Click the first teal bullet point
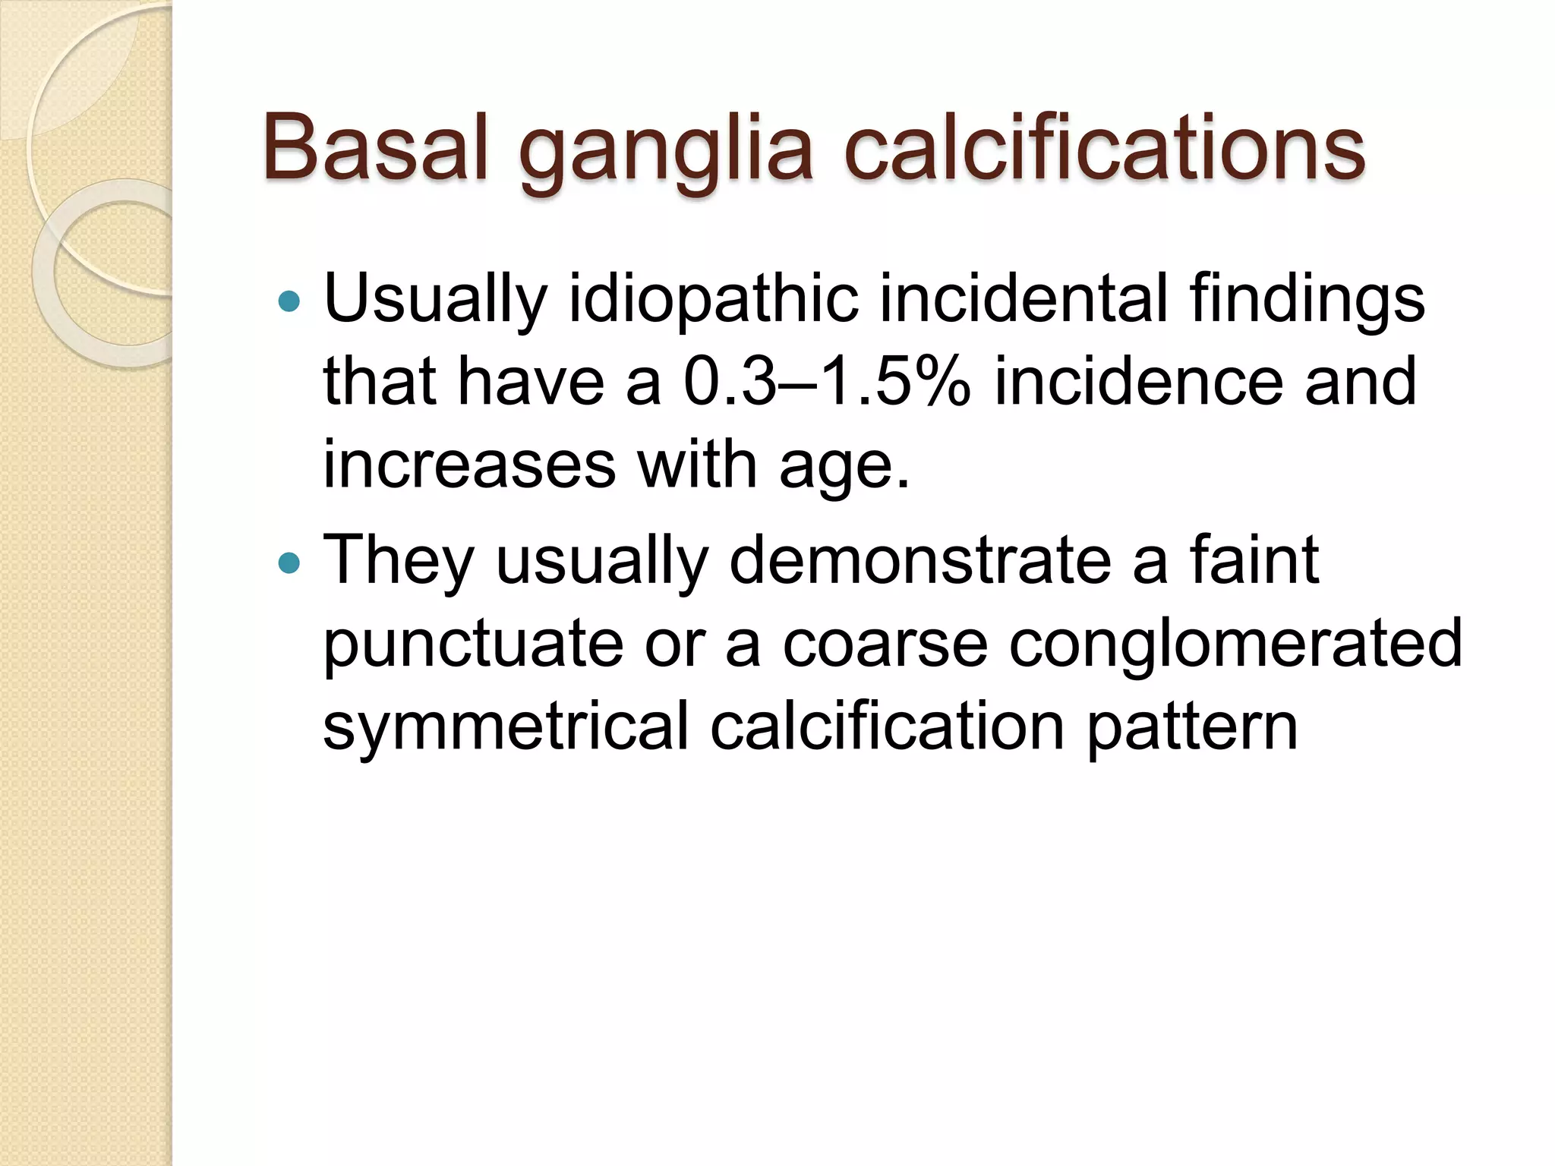(x=289, y=302)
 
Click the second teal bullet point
(x=289, y=563)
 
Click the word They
(x=399, y=562)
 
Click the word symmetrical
(x=506, y=727)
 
